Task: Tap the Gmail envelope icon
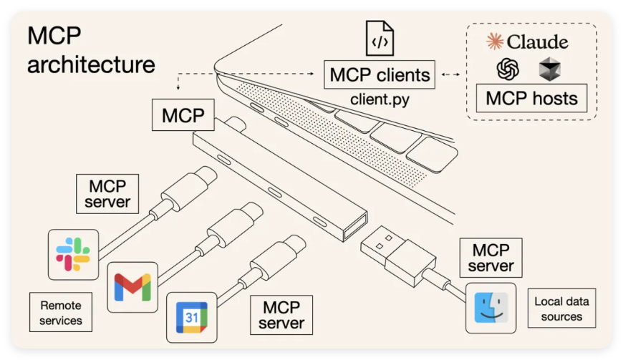pos(132,287)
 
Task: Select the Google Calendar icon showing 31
pos(191,317)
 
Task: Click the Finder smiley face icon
pos(491,308)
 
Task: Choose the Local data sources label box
pos(562,308)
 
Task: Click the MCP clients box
pos(380,74)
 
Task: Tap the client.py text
pos(380,99)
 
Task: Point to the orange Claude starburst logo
pos(495,42)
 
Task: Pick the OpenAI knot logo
pos(507,69)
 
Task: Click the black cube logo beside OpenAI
pos(549,69)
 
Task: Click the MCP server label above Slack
pos(107,193)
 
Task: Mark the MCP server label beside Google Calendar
pos(281,316)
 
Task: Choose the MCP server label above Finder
pos(491,258)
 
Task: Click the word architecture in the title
pos(91,64)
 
